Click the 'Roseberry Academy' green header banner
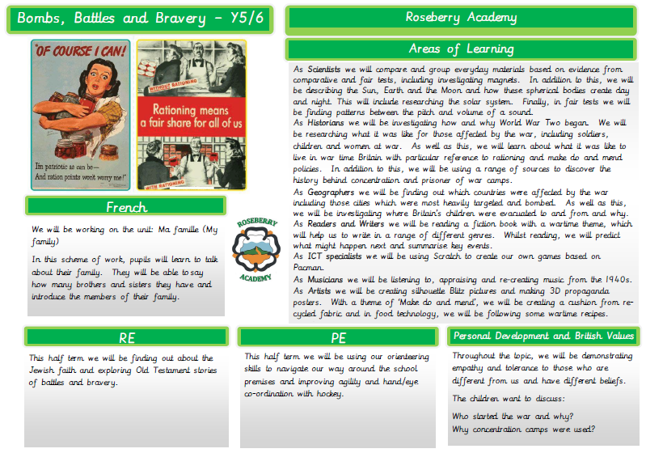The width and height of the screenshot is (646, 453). (x=461, y=18)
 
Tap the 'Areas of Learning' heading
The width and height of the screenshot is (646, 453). (x=461, y=49)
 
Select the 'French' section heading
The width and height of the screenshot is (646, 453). (x=125, y=206)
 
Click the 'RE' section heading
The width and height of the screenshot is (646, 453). (x=125, y=337)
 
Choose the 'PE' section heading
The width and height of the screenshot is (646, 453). (x=338, y=337)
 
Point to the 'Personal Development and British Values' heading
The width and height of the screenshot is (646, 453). (x=543, y=336)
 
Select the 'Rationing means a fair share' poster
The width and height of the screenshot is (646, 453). (x=192, y=113)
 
